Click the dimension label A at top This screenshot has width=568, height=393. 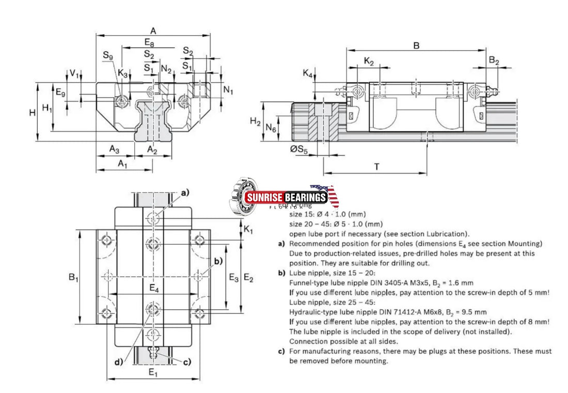click(x=153, y=30)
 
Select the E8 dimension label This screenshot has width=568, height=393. click(x=149, y=42)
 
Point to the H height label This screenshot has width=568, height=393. click(x=32, y=112)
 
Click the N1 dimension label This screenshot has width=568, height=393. click(x=228, y=91)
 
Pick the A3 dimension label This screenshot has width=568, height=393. click(x=114, y=149)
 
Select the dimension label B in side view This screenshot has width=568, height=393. click(x=416, y=45)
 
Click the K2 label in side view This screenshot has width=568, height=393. click(x=369, y=61)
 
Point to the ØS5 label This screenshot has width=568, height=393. click(x=299, y=150)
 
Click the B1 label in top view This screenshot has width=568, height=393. click(x=73, y=277)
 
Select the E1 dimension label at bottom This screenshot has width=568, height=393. click(x=153, y=372)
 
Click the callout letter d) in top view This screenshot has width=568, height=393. click(x=119, y=361)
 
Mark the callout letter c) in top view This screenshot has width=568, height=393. click(x=186, y=361)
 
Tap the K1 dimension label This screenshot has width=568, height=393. click(x=248, y=230)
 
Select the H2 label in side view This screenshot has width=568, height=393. click(x=255, y=121)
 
